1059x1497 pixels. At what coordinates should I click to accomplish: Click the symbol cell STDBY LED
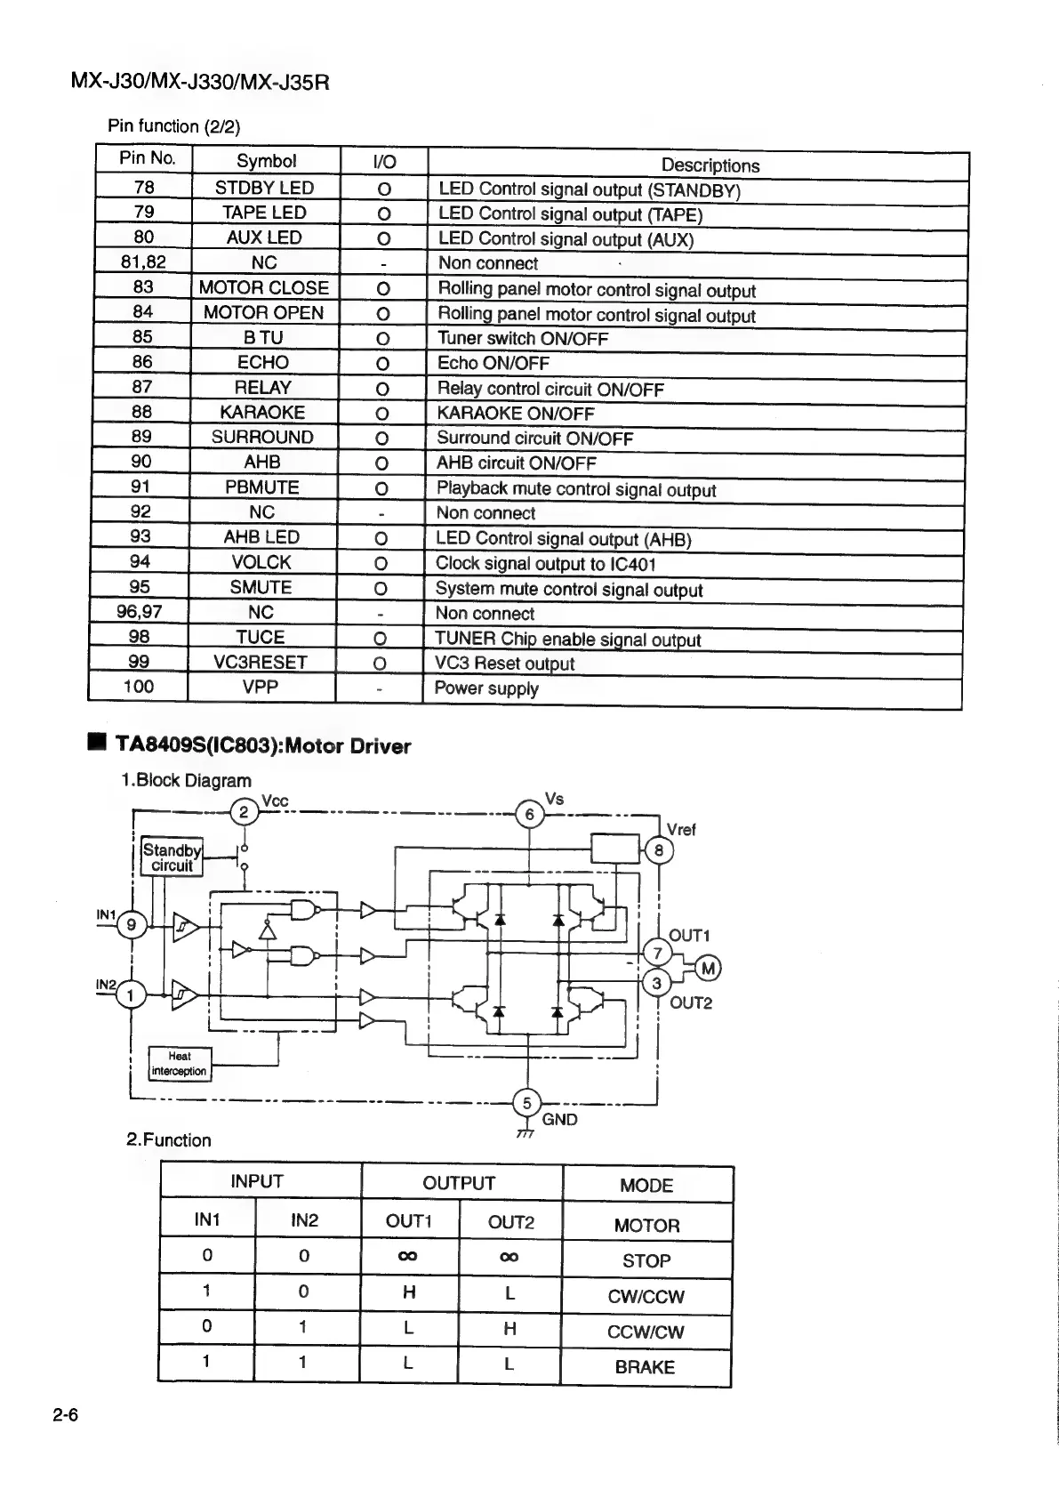[264, 188]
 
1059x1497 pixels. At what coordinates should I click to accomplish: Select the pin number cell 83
[143, 286]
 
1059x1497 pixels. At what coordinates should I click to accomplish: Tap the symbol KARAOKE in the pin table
[262, 412]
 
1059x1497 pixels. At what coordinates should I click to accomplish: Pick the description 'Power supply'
[486, 688]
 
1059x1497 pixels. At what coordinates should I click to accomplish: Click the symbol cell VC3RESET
[261, 662]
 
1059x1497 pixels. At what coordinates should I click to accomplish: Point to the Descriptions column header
[710, 165]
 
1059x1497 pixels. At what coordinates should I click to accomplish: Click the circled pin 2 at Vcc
[243, 812]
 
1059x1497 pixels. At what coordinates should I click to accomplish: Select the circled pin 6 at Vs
[530, 814]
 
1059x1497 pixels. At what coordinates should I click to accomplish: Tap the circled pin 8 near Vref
[659, 850]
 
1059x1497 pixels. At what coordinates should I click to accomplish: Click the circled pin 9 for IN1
[132, 925]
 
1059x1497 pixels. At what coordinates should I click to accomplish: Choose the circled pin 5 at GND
[526, 1103]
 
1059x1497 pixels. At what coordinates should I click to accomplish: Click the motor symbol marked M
[708, 969]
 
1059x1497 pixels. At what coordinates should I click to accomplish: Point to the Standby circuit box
[172, 857]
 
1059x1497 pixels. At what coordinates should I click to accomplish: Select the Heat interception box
[179, 1064]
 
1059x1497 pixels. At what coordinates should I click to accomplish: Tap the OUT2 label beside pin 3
[691, 1003]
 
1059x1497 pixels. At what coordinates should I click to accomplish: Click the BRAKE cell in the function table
[645, 1367]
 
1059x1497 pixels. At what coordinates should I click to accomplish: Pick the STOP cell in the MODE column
[646, 1260]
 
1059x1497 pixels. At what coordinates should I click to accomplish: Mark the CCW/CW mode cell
[646, 1332]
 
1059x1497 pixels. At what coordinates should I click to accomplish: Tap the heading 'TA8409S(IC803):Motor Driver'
[263, 746]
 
